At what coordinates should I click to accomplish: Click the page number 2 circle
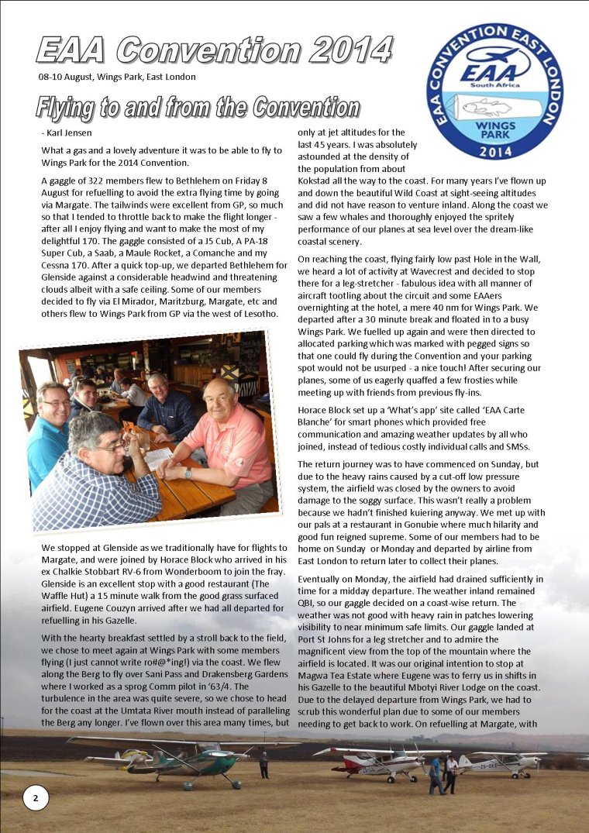point(36,797)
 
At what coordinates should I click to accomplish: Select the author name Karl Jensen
point(67,133)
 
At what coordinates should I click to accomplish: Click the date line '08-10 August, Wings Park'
point(116,77)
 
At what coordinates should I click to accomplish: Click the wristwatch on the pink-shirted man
point(188,472)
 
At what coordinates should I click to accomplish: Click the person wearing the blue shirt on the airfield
point(436,773)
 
